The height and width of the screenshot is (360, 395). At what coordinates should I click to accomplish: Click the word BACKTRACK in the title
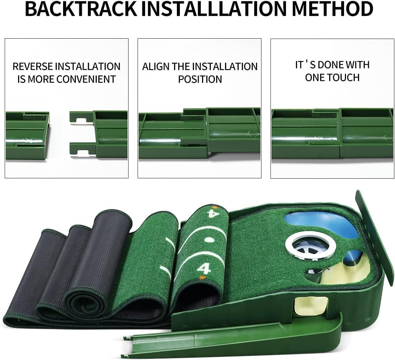[x=81, y=9]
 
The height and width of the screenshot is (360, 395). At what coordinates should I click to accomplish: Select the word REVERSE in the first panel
[x=33, y=66]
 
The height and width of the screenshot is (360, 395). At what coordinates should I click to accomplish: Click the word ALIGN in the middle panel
[x=156, y=66]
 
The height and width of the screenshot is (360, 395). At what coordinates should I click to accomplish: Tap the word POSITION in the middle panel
[x=200, y=79]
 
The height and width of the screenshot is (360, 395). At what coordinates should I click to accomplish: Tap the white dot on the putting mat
[x=209, y=240]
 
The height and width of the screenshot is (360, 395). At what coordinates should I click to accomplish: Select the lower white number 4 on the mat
[x=204, y=268]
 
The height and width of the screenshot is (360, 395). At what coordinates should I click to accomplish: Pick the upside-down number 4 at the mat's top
[x=211, y=213]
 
